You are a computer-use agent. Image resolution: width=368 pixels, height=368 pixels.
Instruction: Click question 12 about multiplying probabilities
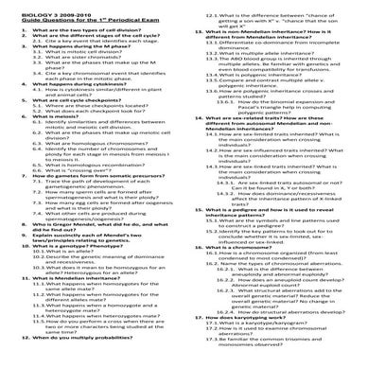click(x=76, y=363)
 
